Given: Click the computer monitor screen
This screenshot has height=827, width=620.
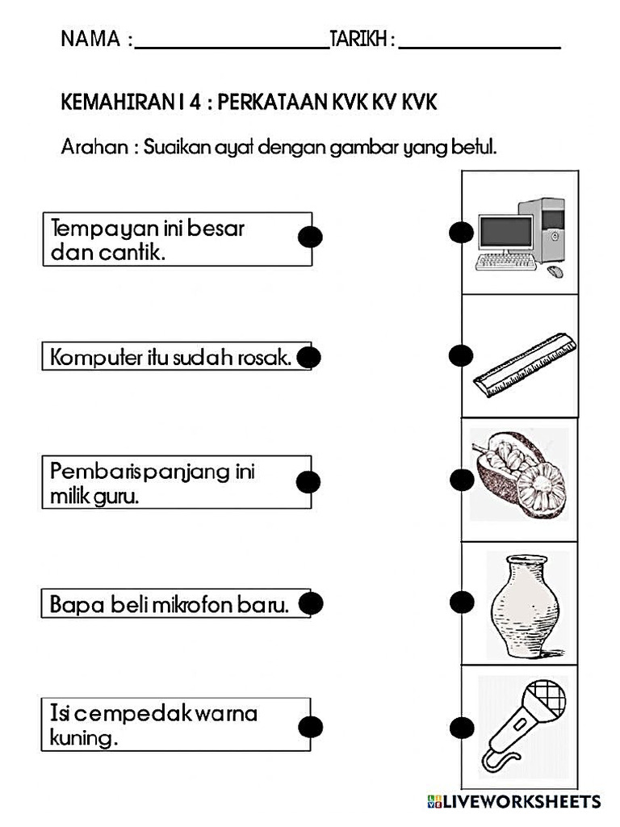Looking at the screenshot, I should pyautogui.click(x=505, y=232).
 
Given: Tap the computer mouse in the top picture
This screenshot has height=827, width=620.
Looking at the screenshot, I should pyautogui.click(x=555, y=271).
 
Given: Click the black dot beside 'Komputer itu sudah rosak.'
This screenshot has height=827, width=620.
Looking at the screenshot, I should pyautogui.click(x=309, y=356).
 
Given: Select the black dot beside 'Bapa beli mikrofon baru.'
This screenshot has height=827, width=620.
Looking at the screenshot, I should pyautogui.click(x=311, y=603).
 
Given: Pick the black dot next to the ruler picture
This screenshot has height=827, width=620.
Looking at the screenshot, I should pyautogui.click(x=460, y=355).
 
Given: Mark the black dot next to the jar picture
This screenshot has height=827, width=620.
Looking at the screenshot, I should pyautogui.click(x=461, y=602).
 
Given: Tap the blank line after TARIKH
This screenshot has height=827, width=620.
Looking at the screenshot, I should pyautogui.click(x=480, y=47).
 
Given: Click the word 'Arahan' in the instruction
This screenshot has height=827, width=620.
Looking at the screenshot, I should pyautogui.click(x=91, y=148).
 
